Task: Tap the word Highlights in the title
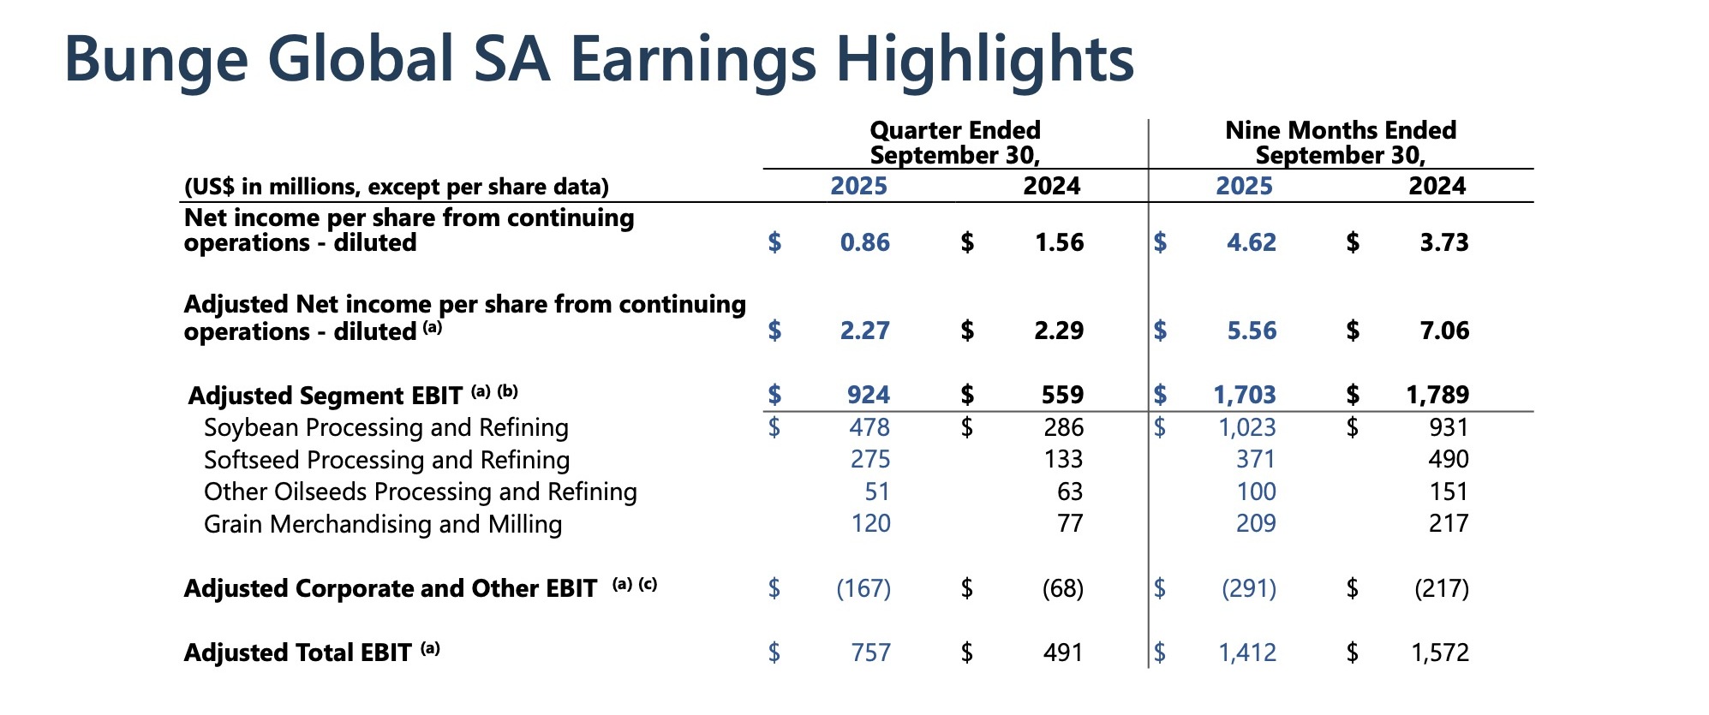point(984,60)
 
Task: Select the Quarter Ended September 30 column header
point(954,143)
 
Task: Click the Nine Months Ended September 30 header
point(1340,143)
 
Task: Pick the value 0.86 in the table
point(864,243)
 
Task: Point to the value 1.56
point(1059,243)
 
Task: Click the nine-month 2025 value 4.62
point(1251,243)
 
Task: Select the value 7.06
point(1444,331)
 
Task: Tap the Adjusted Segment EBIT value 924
point(868,395)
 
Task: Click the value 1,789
point(1437,395)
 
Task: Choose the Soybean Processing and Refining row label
point(385,427)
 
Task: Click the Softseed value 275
point(869,460)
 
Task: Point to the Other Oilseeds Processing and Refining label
point(420,492)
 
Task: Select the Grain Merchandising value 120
point(870,524)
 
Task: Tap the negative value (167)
point(863,589)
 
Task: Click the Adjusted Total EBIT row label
point(297,653)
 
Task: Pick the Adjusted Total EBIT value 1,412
point(1246,653)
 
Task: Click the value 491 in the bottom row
point(1062,653)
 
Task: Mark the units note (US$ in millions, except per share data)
point(396,187)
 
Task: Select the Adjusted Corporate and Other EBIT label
point(390,589)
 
